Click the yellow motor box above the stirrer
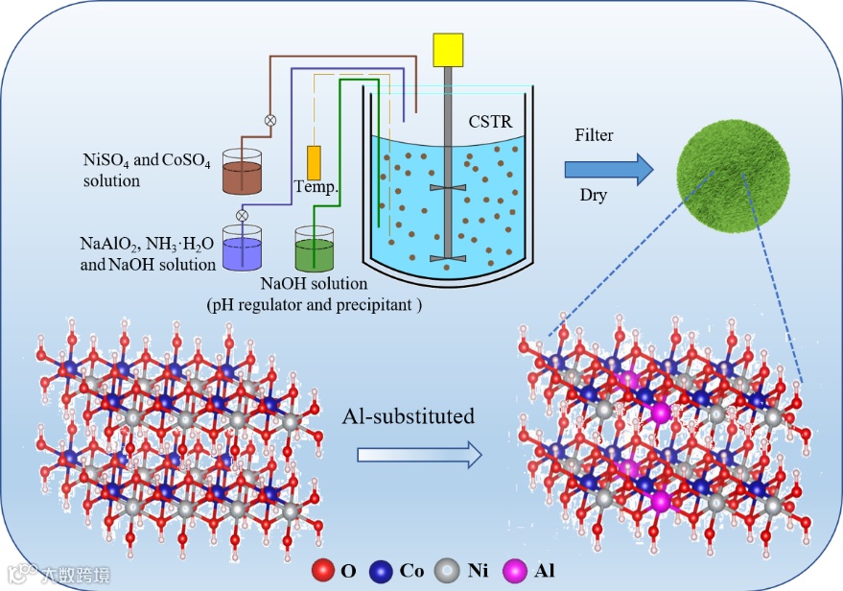coord(448,51)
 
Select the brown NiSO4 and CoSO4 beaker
coord(243,174)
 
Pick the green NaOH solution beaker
coord(315,251)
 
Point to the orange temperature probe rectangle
coord(314,160)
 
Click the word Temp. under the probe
coord(316,187)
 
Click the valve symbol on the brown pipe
coord(270,121)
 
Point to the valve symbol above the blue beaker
coord(242,215)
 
